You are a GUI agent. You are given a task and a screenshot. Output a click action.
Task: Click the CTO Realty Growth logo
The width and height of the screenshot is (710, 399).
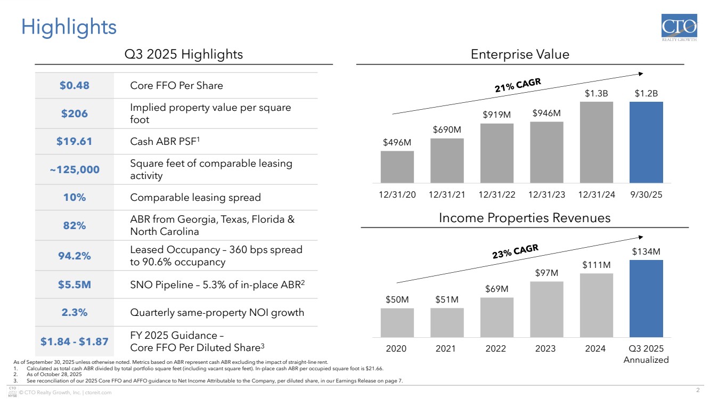pos(679,29)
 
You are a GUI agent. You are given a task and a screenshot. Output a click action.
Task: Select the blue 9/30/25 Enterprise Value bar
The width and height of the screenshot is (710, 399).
pos(646,142)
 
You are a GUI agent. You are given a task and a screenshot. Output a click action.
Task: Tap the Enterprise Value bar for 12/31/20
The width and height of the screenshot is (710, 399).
pos(397,167)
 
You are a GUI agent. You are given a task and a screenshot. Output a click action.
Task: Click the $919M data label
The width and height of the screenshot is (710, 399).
pos(496,115)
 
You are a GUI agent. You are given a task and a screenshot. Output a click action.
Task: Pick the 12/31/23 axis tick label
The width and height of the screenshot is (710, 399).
pos(546,195)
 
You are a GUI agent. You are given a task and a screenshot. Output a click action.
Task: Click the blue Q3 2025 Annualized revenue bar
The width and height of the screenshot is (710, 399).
pos(646,298)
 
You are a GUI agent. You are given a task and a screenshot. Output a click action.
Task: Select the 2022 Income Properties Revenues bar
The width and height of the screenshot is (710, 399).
pos(496,317)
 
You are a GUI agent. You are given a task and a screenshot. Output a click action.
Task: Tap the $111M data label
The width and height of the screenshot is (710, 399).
pos(596,265)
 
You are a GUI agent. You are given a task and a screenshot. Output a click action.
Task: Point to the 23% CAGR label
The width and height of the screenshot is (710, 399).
pos(515,252)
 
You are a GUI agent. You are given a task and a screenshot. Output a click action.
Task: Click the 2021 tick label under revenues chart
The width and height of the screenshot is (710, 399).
pos(446,348)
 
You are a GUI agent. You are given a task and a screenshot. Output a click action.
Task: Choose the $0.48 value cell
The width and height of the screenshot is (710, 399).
pos(74,86)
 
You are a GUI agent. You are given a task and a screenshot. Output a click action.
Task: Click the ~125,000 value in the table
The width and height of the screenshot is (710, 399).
pos(74,169)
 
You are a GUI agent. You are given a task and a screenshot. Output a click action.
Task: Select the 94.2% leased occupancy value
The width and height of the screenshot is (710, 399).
pos(74,256)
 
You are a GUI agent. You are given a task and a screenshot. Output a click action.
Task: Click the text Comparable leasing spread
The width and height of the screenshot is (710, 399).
pos(195,198)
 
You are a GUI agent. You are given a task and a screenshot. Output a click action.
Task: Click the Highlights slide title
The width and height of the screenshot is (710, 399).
pos(69,27)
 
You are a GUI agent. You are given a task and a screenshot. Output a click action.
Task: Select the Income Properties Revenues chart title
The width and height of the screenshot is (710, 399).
pos(525,218)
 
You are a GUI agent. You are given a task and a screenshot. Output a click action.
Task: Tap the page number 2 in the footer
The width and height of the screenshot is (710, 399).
pos(697,388)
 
